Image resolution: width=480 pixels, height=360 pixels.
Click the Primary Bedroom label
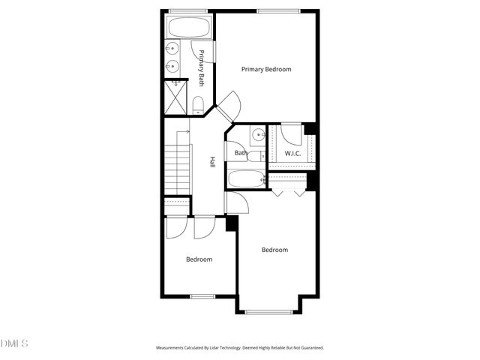pyautogui.click(x=265, y=69)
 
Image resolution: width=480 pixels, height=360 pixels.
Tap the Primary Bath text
pyautogui.click(x=201, y=68)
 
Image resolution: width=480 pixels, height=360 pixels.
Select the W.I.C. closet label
pyautogui.click(x=292, y=154)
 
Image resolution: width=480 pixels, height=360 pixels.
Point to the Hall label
pyautogui.click(x=212, y=161)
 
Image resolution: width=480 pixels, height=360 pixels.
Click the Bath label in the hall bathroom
pyautogui.click(x=240, y=154)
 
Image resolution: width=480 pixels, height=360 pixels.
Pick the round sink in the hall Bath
pyautogui.click(x=257, y=135)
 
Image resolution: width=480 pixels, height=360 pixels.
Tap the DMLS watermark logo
pyautogui.click(x=14, y=343)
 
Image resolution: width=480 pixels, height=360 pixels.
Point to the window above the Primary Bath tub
pyautogui.click(x=189, y=10)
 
